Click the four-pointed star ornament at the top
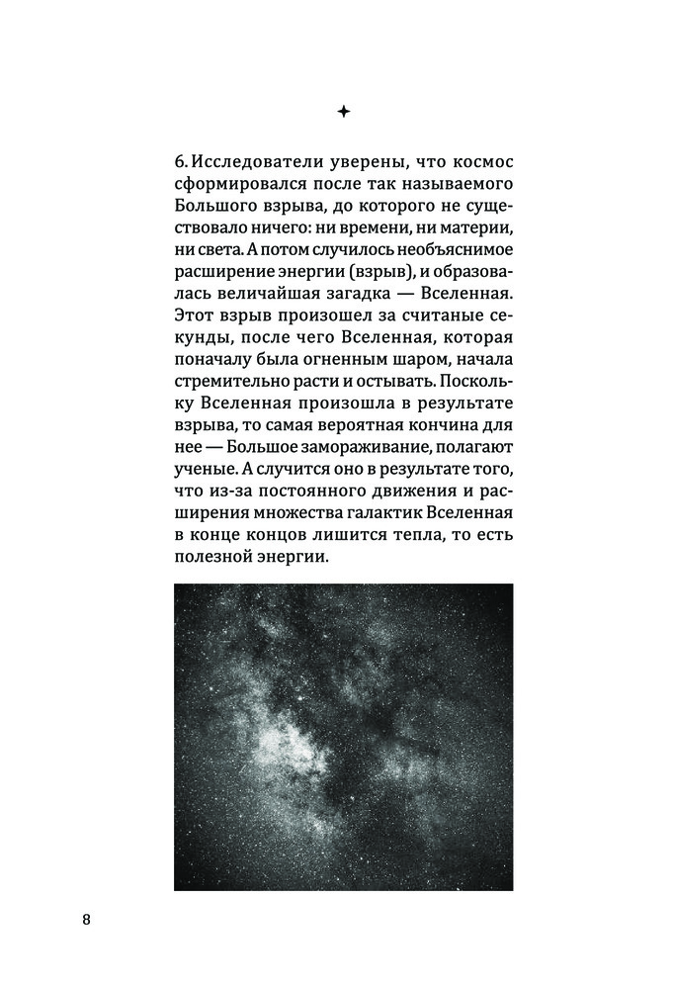click(x=343, y=113)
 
